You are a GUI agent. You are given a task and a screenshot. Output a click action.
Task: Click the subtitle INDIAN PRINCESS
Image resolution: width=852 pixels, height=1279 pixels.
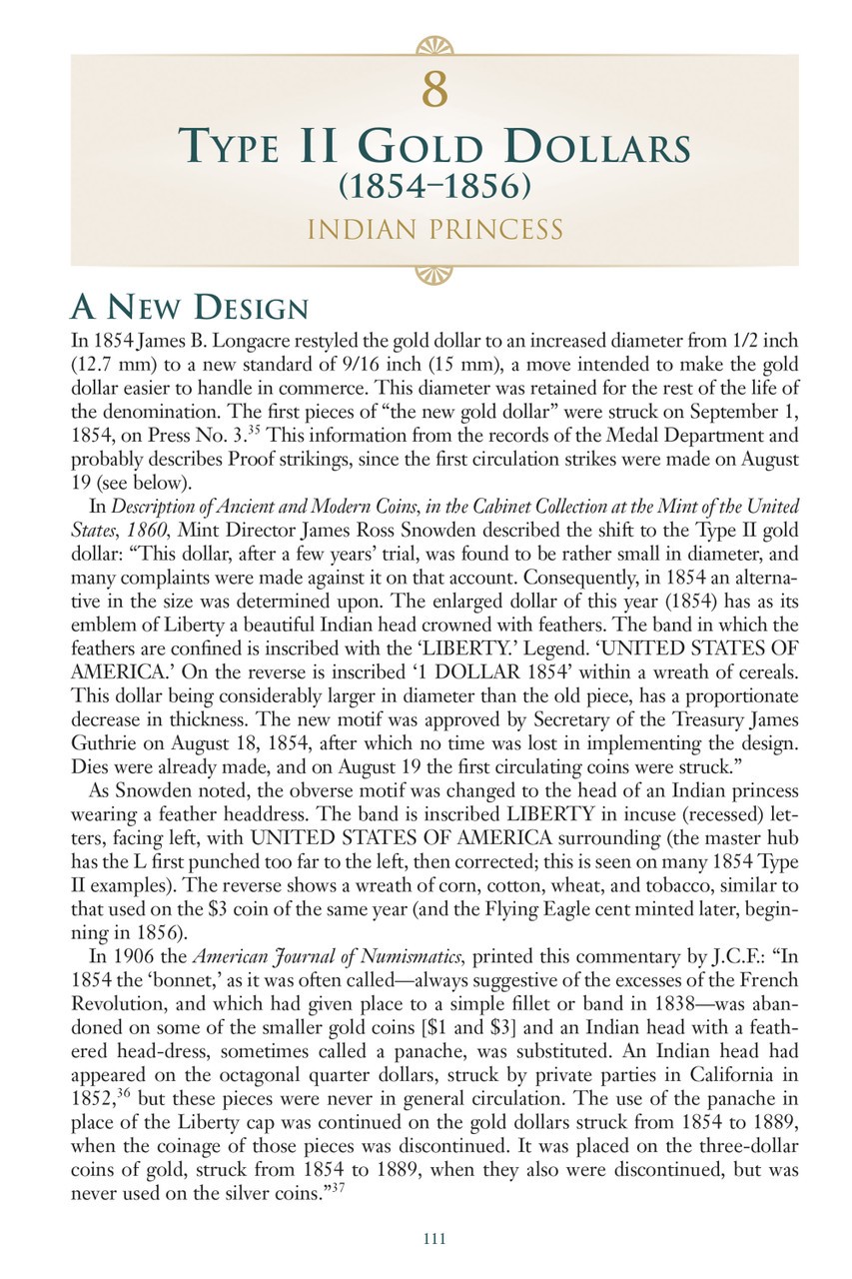(433, 231)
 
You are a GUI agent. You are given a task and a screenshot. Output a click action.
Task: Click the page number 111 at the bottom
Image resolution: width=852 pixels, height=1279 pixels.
(432, 1239)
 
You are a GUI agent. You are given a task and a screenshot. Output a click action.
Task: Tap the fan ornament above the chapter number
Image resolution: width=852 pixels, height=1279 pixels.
(433, 45)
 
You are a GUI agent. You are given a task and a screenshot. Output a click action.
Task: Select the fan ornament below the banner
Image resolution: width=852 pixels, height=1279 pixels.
(433, 274)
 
